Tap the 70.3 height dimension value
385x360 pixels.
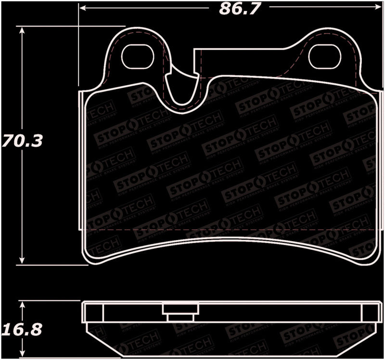22,141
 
